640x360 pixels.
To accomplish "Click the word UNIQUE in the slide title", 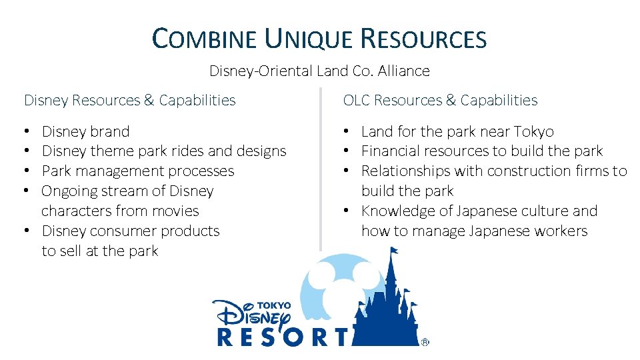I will click(x=309, y=39).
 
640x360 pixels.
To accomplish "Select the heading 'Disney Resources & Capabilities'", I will click(x=130, y=100).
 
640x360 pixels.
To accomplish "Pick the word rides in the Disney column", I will click(x=189, y=151).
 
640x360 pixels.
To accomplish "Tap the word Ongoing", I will click(x=70, y=191).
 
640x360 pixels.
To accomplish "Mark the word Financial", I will click(x=394, y=151).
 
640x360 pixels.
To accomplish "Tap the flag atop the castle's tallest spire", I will click(x=394, y=251).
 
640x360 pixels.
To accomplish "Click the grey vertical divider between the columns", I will click(x=321, y=167).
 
